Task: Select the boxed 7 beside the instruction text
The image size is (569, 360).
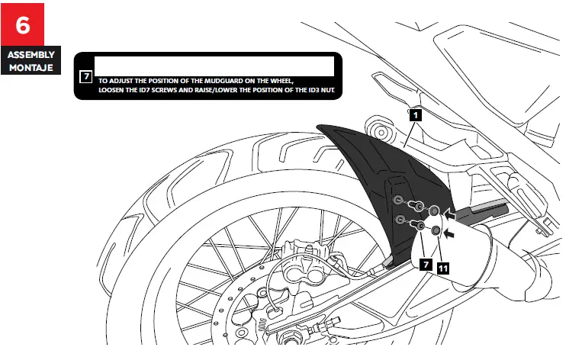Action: click(x=86, y=77)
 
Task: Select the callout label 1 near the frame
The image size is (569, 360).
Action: click(x=415, y=115)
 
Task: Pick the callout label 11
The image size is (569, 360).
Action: click(x=443, y=267)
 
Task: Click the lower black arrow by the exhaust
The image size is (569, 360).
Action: click(x=452, y=236)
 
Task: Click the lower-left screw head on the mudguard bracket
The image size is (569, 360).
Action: click(x=398, y=220)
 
